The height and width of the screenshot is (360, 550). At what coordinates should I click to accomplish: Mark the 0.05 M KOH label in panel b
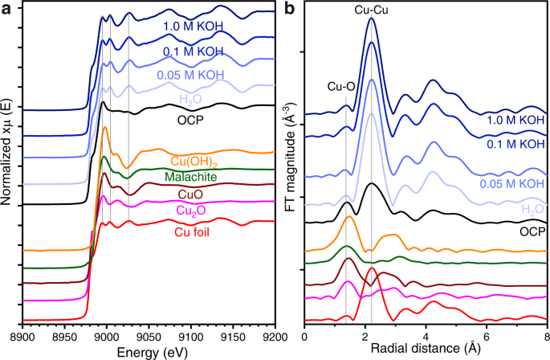(510, 184)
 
